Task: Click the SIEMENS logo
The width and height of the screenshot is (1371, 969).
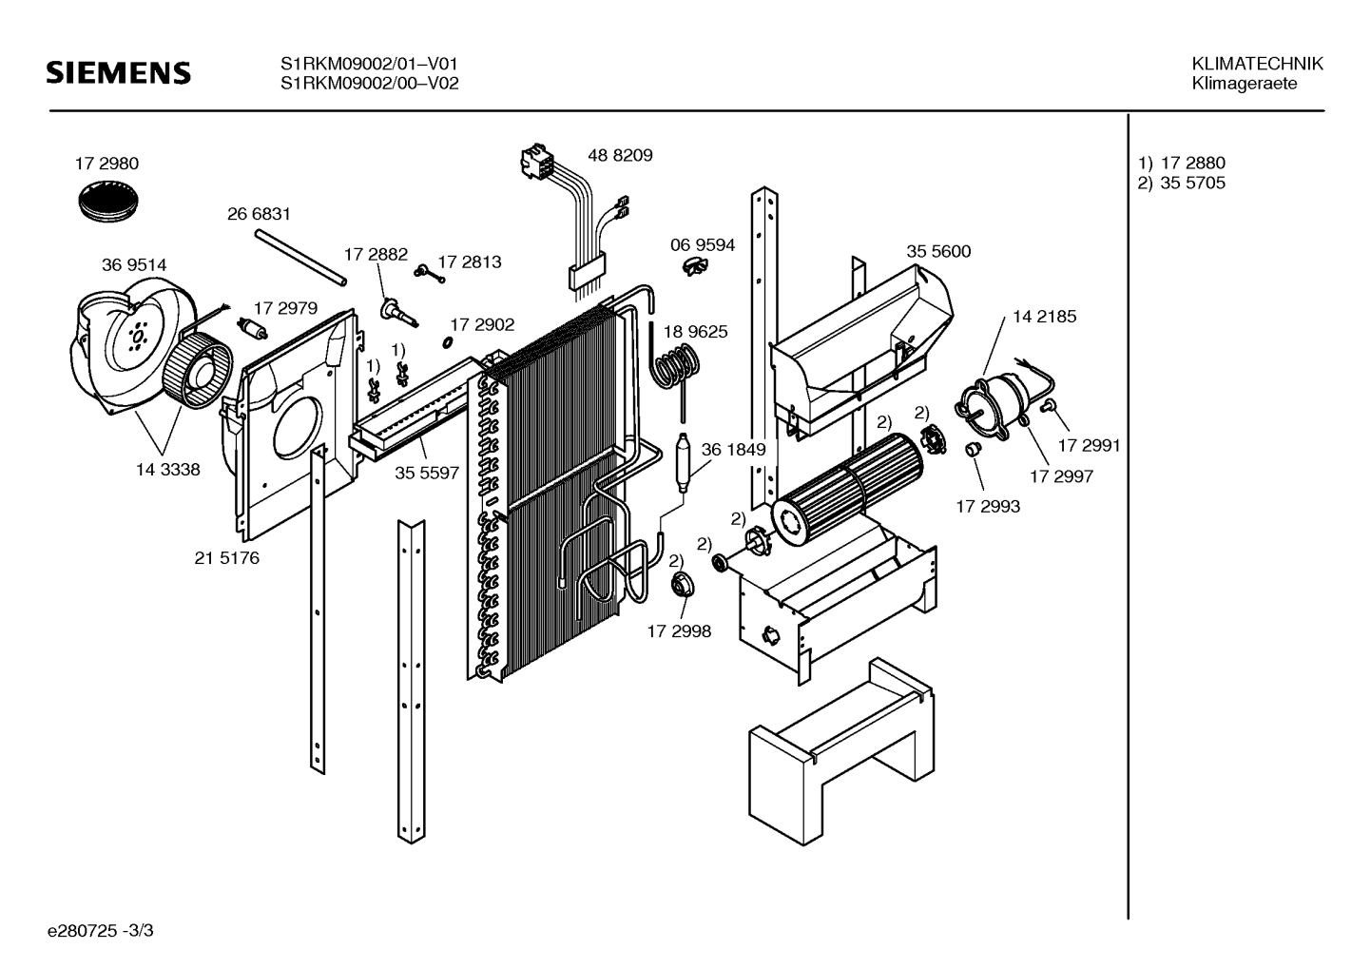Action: point(119,73)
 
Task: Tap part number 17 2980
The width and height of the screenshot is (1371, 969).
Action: point(106,164)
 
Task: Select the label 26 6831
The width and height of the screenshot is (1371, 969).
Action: point(259,215)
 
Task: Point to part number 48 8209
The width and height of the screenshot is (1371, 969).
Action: point(620,155)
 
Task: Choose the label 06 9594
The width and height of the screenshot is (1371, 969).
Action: point(703,245)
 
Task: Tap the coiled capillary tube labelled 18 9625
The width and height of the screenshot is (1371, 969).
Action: point(677,365)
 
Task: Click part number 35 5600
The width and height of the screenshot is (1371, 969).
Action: point(938,252)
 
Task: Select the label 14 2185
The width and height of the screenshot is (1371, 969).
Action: point(1044,317)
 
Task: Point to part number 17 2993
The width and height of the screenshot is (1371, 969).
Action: point(988,507)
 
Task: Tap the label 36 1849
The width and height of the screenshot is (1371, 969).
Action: point(733,450)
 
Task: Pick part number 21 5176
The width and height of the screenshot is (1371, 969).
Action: point(226,558)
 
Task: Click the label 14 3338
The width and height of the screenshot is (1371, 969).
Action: point(168,469)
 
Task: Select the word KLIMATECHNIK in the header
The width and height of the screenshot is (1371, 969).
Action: point(1257,64)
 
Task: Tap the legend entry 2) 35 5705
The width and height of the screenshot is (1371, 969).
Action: point(1182,184)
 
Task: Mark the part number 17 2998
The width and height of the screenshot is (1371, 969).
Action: point(679,630)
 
